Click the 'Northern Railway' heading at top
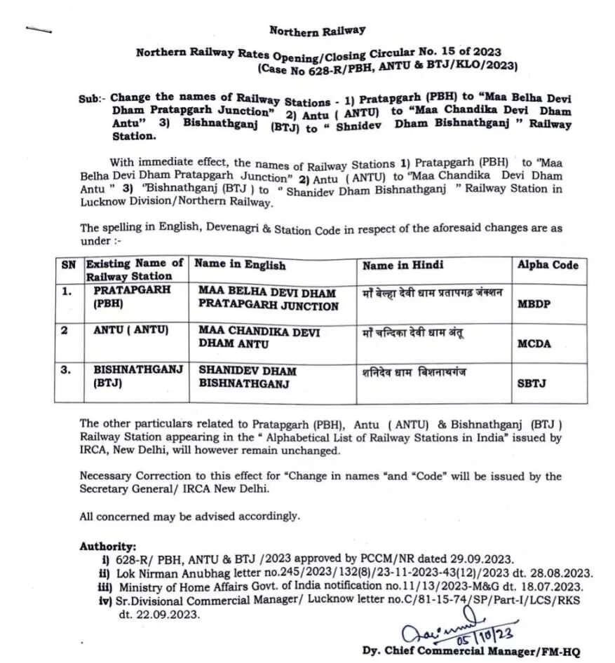tap(317, 31)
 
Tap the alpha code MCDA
tap(534, 343)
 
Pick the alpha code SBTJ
tap(532, 383)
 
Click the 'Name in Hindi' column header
tap(403, 265)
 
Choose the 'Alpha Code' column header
tap(548, 264)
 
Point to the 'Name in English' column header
tap(240, 265)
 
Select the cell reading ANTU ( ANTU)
tap(131, 330)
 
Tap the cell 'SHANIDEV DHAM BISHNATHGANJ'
tap(248, 376)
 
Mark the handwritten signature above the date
tap(448, 620)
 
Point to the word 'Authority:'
tap(107, 546)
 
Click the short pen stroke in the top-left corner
tap(39, 29)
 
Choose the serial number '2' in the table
tap(65, 330)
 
